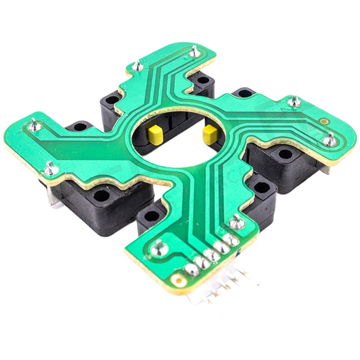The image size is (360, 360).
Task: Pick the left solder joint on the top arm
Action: pyautogui.click(x=138, y=66)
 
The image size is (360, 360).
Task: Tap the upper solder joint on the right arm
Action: pyautogui.click(x=295, y=101)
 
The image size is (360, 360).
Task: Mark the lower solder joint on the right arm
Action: pyautogui.click(x=330, y=140)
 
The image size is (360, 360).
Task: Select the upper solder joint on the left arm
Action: pyautogui.click(x=34, y=124)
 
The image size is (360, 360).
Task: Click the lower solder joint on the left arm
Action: pyautogui.click(x=50, y=169)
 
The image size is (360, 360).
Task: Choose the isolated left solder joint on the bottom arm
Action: pyautogui.click(x=158, y=246)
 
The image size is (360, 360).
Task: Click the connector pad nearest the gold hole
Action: pyautogui.click(x=192, y=270)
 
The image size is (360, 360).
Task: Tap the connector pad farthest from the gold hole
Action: pyautogui.click(x=231, y=240)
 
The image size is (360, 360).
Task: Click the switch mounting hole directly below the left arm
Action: pyautogui.click(x=101, y=196)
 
